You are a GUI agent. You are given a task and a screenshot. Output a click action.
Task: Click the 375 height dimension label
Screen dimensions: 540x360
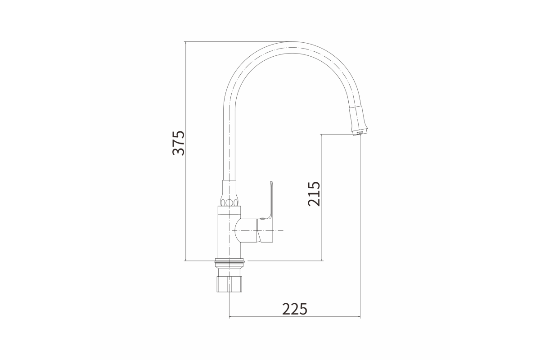tap(179, 143)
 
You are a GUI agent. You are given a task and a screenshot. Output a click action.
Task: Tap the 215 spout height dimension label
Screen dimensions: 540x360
tap(314, 194)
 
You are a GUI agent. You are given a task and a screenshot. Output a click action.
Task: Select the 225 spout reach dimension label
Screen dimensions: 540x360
tap(295, 309)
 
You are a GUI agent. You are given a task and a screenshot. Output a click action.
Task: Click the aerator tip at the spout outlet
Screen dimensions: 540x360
tap(360, 133)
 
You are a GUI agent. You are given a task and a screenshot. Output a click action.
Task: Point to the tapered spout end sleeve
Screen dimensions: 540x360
tap(358, 118)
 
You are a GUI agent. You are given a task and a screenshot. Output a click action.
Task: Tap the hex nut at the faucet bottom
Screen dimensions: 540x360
tap(229, 284)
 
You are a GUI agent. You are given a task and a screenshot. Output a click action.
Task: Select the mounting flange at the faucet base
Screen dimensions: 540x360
tap(229, 261)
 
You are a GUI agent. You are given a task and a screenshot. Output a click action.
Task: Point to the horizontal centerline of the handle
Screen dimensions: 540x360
tap(257, 231)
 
